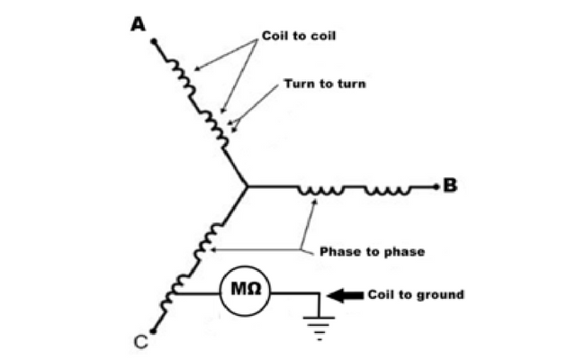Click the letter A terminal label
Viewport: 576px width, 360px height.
pos(139,23)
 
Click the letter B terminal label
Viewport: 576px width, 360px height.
pos(450,186)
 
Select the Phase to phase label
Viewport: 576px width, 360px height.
pos(372,251)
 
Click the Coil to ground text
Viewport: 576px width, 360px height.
pos(416,293)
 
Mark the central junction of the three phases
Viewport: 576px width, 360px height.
pos(247,186)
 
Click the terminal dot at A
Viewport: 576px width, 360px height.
pos(153,41)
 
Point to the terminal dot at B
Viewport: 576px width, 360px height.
pos(436,187)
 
